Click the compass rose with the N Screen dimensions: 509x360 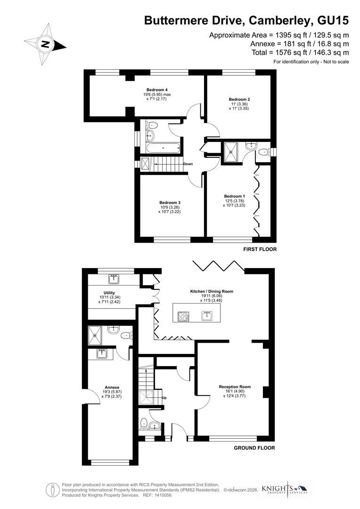click(46, 45)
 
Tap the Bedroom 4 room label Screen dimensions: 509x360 click(157, 90)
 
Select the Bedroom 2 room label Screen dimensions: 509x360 click(239, 99)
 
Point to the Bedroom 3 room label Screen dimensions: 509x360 click(170, 203)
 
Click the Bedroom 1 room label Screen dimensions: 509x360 click(234, 196)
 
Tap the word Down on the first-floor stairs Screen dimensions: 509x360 click(188, 164)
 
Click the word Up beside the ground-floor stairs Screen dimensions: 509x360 click(164, 398)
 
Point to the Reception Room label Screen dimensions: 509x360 click(235, 387)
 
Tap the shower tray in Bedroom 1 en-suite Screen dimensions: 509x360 click(232, 149)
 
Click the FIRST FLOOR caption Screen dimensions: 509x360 click(260, 249)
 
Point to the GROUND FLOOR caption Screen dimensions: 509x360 click(254, 448)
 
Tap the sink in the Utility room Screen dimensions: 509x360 click(114, 279)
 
